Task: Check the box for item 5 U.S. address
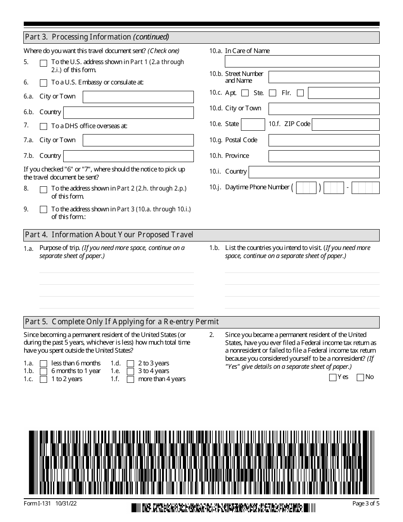pos(43,63)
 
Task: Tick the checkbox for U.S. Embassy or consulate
pos(43,83)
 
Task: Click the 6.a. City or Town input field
pos(138,97)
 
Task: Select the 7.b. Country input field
pos(128,156)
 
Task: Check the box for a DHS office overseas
pos(43,126)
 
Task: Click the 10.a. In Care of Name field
pos(302,62)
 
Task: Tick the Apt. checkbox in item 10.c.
pos(245,93)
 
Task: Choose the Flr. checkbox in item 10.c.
pos(300,93)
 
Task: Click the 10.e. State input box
pos(253,124)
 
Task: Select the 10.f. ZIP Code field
pos(345,124)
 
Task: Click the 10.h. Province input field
pos(324,156)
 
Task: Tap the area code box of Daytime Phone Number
pos(306,188)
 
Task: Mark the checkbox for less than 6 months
pos(43,364)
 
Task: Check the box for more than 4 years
pos(130,379)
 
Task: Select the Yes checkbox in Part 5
pos(333,378)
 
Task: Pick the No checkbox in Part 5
pos(361,378)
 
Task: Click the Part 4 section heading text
pos(109,235)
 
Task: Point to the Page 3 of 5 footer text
pos(366,504)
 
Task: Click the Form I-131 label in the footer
pos(36,504)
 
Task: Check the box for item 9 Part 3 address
pos(43,209)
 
